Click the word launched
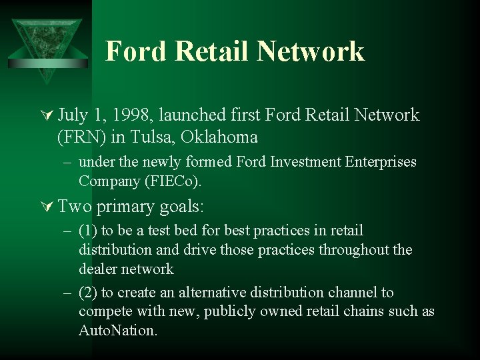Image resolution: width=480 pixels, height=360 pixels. [201, 115]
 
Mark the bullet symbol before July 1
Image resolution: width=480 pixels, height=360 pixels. [47, 116]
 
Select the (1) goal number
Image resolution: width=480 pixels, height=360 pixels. [87, 231]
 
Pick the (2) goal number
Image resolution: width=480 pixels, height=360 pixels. [87, 293]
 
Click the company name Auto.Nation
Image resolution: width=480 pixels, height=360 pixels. [117, 331]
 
